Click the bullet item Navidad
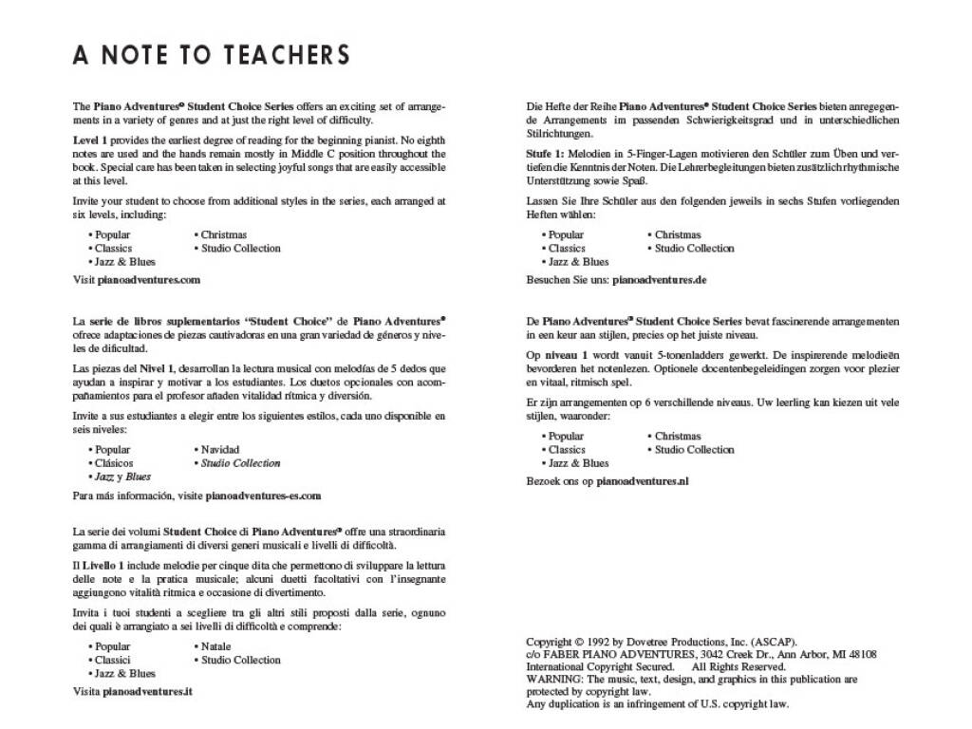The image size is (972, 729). tap(219, 449)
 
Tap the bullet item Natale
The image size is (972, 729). tap(215, 646)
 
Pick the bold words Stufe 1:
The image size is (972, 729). tap(546, 154)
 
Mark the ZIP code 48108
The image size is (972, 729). tap(857, 654)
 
